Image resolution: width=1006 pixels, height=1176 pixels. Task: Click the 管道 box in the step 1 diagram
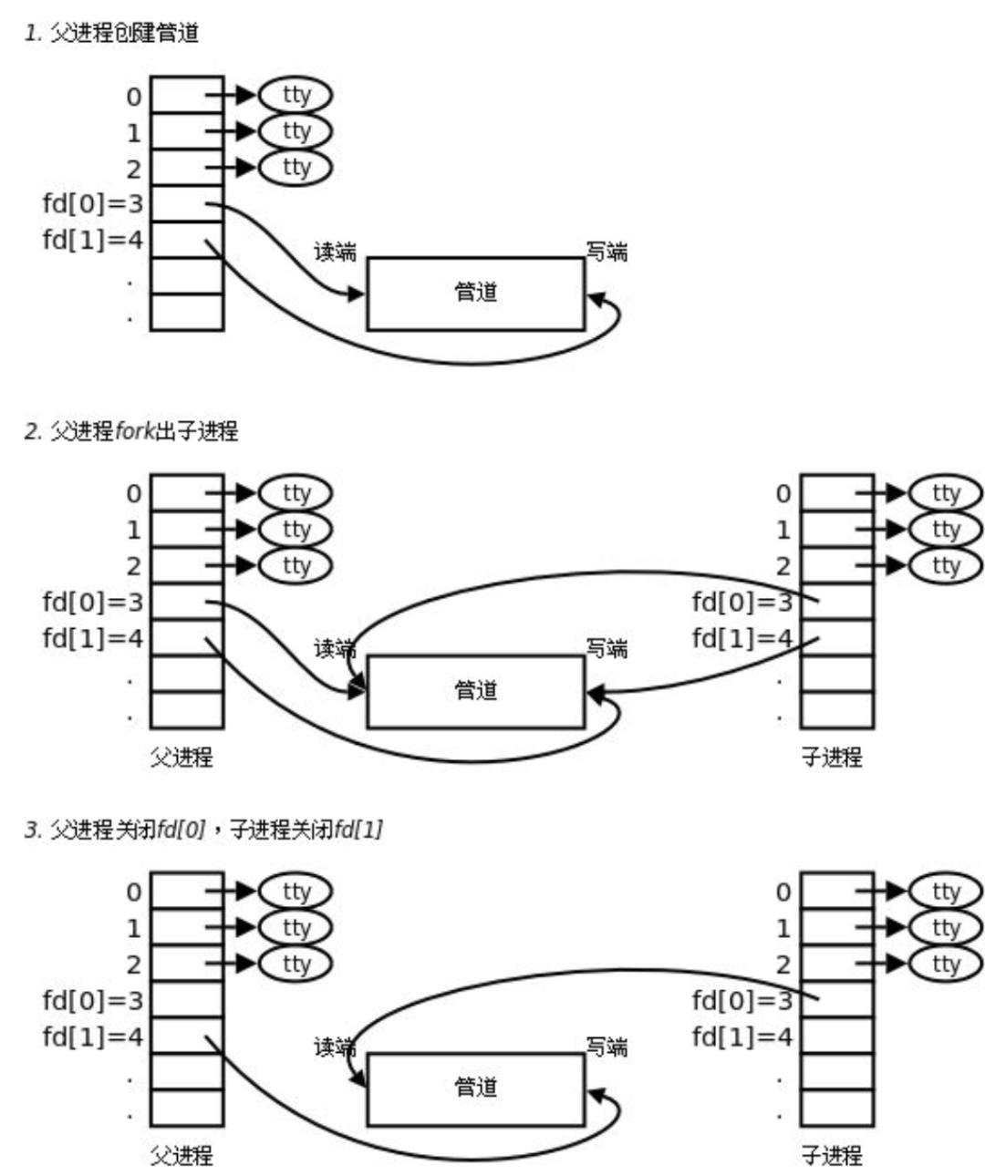[475, 293]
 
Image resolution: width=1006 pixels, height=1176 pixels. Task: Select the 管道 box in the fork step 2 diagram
[475, 691]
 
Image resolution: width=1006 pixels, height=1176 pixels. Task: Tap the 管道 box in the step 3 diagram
[475, 1088]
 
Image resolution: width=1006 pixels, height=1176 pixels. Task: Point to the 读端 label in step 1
[335, 252]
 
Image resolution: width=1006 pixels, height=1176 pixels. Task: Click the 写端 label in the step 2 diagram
[607, 649]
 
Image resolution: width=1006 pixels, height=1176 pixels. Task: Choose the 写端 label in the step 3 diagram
[607, 1047]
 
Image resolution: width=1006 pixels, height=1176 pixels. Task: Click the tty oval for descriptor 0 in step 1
[296, 95]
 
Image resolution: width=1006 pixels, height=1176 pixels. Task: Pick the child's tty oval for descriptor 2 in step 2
[946, 565]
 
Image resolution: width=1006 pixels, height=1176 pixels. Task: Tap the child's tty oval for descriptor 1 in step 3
[946, 927]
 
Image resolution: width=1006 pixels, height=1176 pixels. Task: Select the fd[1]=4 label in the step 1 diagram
[93, 241]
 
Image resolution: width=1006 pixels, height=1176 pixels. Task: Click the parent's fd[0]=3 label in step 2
[93, 602]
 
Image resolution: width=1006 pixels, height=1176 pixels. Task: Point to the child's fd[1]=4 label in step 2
[742, 638]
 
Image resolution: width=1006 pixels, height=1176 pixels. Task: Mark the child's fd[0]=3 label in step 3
[742, 1001]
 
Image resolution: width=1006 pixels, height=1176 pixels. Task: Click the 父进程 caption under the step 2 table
[181, 757]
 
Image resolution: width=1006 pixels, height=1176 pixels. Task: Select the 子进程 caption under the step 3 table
[831, 1156]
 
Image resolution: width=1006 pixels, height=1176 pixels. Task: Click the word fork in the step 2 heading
[136, 430]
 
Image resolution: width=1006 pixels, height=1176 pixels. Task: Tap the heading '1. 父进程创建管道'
[111, 34]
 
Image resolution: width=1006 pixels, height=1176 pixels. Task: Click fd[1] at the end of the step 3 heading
[358, 830]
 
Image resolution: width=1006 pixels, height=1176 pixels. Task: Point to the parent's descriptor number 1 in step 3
[134, 928]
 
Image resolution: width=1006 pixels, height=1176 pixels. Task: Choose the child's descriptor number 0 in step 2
[783, 494]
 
